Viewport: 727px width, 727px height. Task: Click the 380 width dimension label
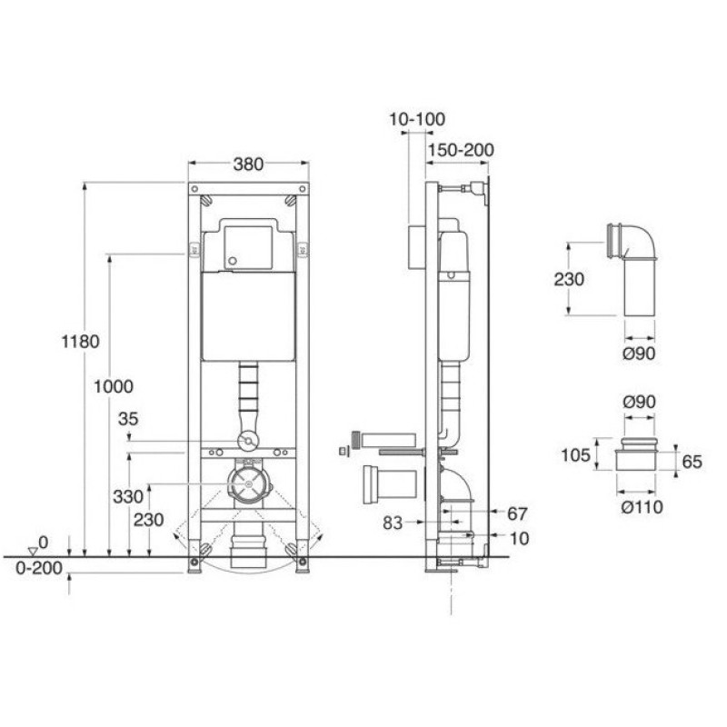(248, 164)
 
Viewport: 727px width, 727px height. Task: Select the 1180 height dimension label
(81, 342)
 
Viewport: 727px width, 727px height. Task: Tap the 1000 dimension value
(114, 386)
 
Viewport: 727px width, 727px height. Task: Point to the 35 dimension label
(128, 419)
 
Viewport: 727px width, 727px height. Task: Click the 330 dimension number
(128, 496)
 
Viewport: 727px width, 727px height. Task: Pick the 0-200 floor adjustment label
(39, 568)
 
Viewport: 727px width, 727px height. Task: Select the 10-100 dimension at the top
(417, 119)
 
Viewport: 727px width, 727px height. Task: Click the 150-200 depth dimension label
(461, 150)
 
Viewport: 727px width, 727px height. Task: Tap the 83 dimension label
(393, 523)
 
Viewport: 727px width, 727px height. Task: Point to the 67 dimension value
(517, 513)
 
